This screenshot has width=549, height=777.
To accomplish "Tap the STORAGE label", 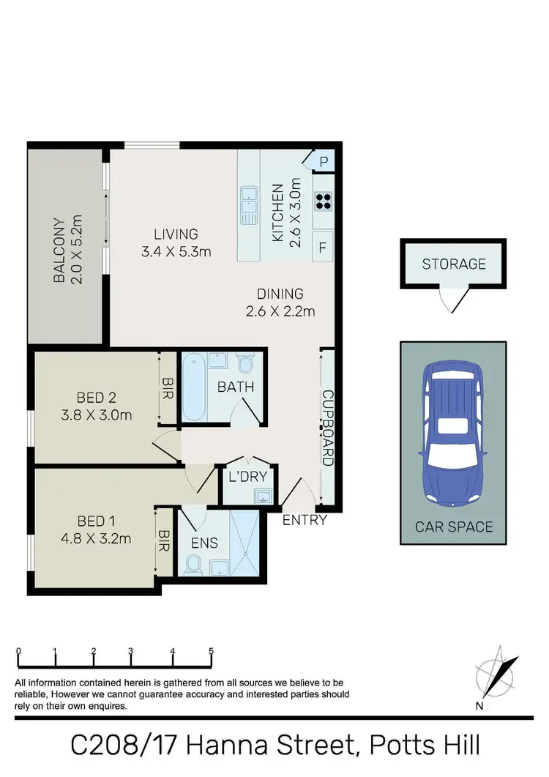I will [x=453, y=264].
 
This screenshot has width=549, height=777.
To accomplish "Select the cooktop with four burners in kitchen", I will [x=323, y=200].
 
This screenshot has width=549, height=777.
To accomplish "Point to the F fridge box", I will [x=322, y=248].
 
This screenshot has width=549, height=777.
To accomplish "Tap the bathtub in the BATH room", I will [x=194, y=387].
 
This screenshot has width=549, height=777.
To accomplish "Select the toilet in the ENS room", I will [x=194, y=564].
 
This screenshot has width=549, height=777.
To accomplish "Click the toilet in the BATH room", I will [x=246, y=364].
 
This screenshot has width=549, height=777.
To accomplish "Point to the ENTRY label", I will [x=305, y=521].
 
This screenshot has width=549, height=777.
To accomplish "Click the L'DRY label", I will [x=249, y=477].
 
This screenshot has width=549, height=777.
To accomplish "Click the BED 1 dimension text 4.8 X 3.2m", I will [x=104, y=539].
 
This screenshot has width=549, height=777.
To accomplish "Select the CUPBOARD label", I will [x=327, y=427].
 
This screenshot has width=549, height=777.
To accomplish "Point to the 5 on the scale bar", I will [x=211, y=651].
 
